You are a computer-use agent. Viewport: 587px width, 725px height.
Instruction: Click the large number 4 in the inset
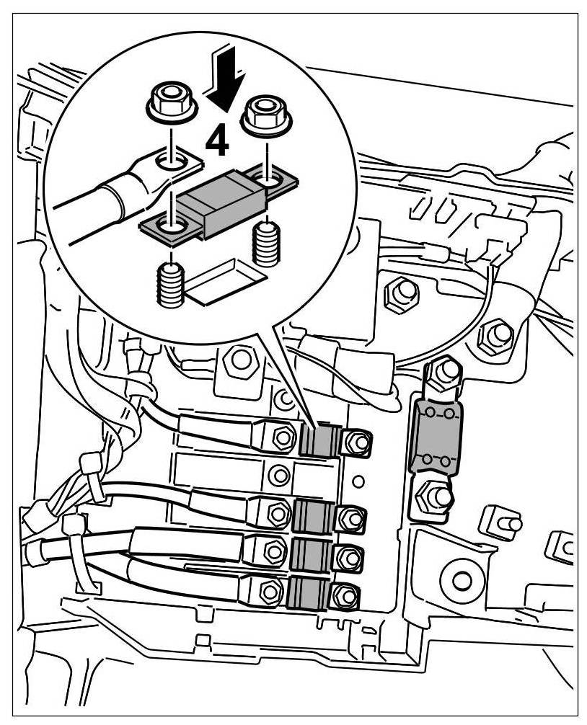(x=216, y=141)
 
